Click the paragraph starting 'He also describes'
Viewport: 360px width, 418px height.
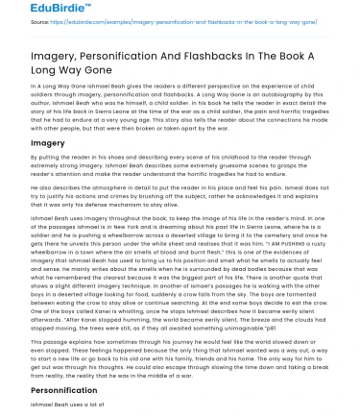click(180, 207)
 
